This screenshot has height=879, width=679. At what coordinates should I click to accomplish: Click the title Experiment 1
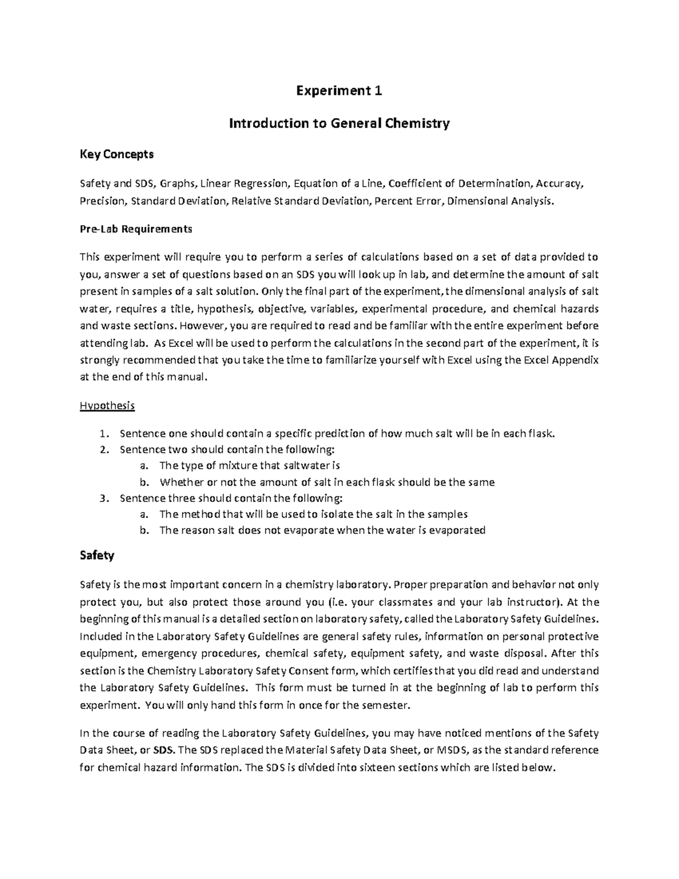[x=339, y=91]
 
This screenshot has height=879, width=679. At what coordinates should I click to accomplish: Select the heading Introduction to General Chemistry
[x=339, y=123]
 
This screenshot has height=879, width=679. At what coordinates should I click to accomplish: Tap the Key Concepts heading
[x=116, y=154]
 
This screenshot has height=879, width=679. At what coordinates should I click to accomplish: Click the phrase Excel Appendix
[x=561, y=360]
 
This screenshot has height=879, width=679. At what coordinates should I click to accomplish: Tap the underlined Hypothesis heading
[x=108, y=406]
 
